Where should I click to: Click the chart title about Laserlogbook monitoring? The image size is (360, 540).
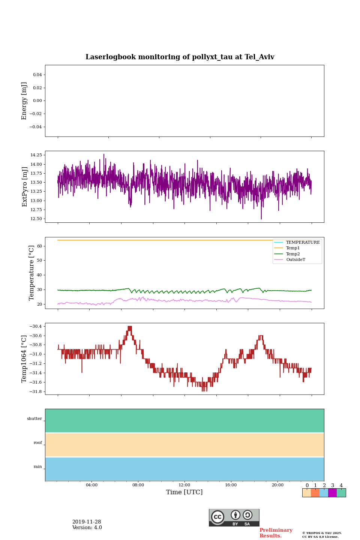coord(180,57)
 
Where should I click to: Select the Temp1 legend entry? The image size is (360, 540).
coord(293,248)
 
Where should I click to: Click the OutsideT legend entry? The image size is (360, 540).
coord(295,260)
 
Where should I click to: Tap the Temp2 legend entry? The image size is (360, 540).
coord(293,254)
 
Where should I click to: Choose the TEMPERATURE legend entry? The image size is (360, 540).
coord(303,242)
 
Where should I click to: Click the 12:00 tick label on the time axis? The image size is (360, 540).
coord(184,485)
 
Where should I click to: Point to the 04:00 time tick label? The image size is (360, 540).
coord(91,485)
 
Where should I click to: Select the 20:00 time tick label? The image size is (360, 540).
coord(277,485)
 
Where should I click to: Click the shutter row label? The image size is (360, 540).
coord(34,419)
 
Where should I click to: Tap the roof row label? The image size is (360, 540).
coord(38,443)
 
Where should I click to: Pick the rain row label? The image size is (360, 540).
coord(38,467)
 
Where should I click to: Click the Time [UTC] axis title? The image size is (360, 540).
coord(184,492)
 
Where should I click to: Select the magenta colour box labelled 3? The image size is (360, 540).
coord(332,493)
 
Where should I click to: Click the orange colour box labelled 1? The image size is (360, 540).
coord(315,493)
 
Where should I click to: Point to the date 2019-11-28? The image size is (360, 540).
coord(87,522)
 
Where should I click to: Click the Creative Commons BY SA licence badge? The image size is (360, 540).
coord(234,517)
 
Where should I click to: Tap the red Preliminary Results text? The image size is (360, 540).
coord(276,533)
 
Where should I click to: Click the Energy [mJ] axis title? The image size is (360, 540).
coord(24,101)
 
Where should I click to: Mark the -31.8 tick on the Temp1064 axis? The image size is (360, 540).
coord(36,391)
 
